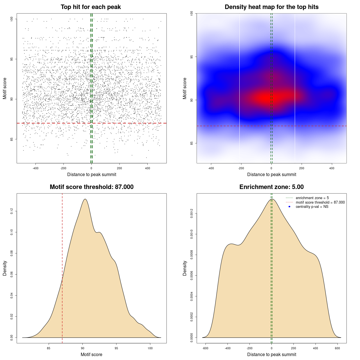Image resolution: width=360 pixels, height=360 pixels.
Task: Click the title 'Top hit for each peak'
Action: (x=91, y=7)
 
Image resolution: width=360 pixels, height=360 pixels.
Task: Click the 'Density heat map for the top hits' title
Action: (x=271, y=7)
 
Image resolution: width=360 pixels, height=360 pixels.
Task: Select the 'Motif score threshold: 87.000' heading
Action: (x=91, y=187)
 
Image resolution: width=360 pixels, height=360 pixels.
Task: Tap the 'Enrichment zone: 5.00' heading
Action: (x=271, y=187)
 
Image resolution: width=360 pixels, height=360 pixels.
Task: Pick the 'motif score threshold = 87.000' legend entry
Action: (x=320, y=202)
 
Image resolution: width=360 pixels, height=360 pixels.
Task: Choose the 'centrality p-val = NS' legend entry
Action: (x=312, y=207)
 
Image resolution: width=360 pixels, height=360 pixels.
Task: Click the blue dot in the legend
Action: (x=289, y=207)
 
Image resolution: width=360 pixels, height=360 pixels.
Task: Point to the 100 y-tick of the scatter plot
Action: (x=12, y=19)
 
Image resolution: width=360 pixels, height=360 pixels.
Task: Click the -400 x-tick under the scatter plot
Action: (x=35, y=168)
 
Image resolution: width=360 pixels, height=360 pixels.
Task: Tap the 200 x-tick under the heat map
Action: (x=302, y=168)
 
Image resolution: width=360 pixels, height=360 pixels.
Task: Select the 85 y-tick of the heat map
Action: (x=192, y=143)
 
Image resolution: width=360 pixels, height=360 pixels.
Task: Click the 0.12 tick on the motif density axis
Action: (x=12, y=211)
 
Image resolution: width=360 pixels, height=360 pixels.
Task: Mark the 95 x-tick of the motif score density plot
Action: (x=116, y=348)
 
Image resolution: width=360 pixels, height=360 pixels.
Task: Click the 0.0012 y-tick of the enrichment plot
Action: (x=192, y=213)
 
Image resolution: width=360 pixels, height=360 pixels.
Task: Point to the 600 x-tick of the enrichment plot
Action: (x=337, y=348)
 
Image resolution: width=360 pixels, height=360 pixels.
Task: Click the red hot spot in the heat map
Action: (x=266, y=98)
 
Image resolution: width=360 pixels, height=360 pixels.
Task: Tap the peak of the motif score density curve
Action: (x=85, y=199)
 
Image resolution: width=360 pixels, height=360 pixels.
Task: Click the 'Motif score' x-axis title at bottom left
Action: (x=91, y=354)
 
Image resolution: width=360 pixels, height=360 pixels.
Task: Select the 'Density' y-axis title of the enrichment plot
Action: (x=185, y=268)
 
